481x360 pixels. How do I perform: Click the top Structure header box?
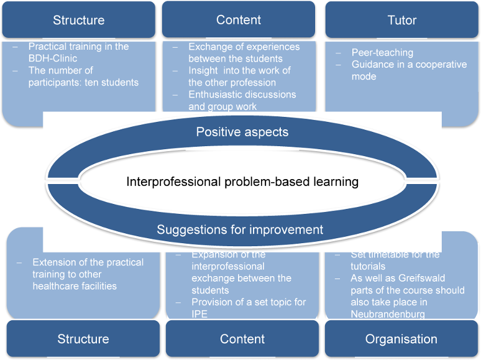click(78, 20)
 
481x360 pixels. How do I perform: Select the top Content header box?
click(239, 20)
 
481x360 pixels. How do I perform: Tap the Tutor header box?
click(402, 20)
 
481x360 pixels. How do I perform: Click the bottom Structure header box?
click(83, 339)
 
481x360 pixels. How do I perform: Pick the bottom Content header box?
click(242, 339)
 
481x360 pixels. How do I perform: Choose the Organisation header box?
click(401, 339)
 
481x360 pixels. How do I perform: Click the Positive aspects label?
click(242, 132)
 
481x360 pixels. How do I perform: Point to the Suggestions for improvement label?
click(240, 229)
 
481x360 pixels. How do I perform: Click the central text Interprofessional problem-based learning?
click(242, 182)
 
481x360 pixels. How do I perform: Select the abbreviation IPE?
click(201, 314)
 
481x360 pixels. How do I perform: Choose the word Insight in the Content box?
click(204, 71)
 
